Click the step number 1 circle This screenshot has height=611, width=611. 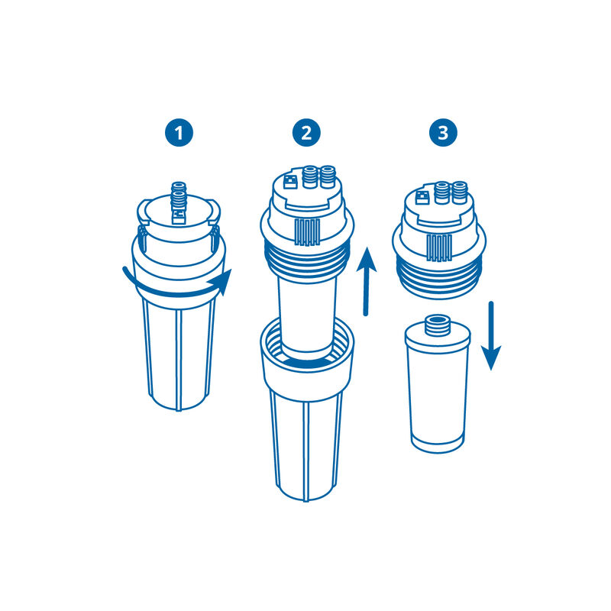[180, 134]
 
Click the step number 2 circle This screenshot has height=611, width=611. [306, 134]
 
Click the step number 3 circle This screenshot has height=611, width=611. [443, 134]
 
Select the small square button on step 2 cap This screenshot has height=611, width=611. [291, 183]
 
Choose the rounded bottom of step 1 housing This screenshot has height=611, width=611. [180, 401]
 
